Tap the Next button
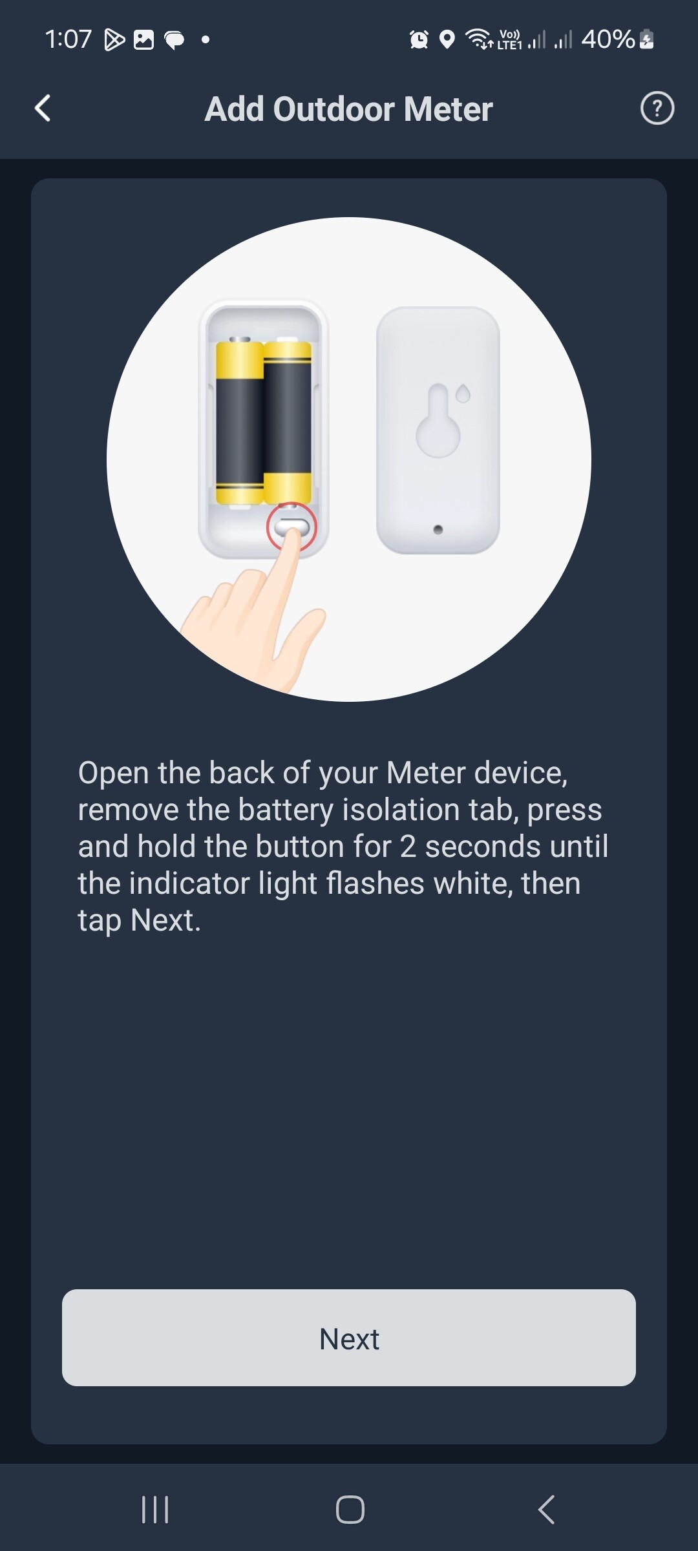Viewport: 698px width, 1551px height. click(x=349, y=1337)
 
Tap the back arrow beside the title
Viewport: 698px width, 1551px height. click(x=43, y=108)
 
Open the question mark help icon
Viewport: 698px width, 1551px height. click(x=657, y=108)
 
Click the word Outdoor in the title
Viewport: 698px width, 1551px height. click(x=333, y=109)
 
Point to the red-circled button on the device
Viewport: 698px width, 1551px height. click(x=291, y=526)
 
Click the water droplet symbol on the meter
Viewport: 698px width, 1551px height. click(x=463, y=393)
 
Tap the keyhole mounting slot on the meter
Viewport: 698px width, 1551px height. click(x=438, y=421)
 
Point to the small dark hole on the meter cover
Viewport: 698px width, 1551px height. click(x=438, y=530)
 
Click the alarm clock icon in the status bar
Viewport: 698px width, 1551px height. click(x=419, y=39)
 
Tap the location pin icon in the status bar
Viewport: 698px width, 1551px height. click(x=447, y=39)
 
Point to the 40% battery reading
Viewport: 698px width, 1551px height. click(x=608, y=39)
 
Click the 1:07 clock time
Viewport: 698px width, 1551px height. click(x=68, y=39)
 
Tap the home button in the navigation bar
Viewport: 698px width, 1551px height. click(x=350, y=1510)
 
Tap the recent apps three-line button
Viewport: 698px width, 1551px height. click(x=155, y=1510)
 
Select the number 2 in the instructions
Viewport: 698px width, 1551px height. click(x=408, y=847)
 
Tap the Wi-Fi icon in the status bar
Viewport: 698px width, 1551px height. click(x=478, y=39)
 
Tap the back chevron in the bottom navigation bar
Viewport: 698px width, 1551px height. click(x=546, y=1510)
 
